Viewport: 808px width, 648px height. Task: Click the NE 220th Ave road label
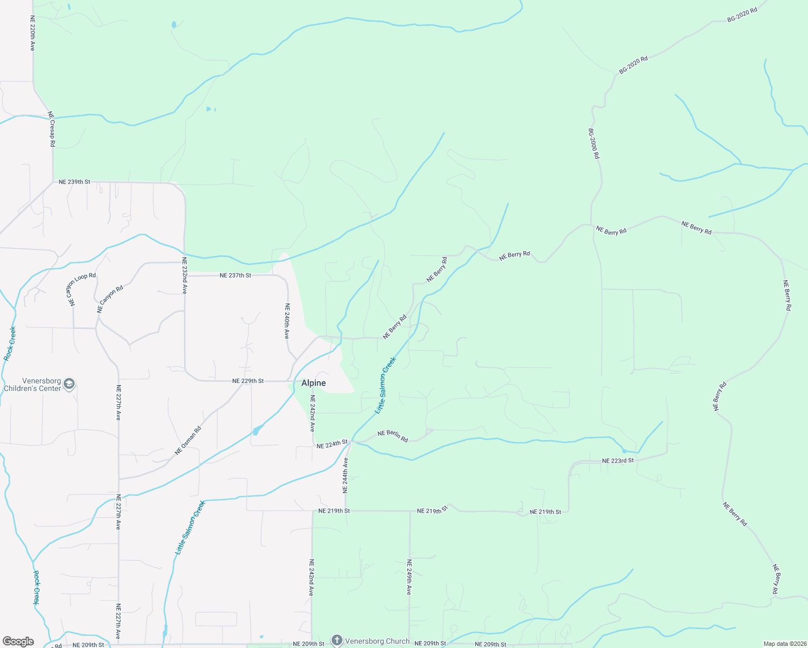click(32, 33)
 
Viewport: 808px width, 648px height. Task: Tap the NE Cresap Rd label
click(52, 129)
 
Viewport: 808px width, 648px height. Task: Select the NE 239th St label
click(75, 182)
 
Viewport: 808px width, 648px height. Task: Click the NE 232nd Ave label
click(184, 276)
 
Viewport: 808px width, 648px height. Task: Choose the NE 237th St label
click(235, 275)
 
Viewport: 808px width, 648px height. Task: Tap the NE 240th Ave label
click(287, 321)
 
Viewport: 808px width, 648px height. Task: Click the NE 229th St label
click(248, 381)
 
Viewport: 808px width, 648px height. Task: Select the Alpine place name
click(313, 383)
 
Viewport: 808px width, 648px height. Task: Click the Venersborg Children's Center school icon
click(69, 384)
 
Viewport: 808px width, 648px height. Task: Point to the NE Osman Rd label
click(188, 441)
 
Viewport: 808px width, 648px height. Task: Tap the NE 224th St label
click(332, 444)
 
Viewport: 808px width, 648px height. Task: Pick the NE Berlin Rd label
click(393, 436)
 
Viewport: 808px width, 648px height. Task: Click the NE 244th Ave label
click(346, 475)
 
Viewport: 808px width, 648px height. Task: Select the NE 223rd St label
click(618, 461)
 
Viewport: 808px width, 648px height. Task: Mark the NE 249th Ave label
click(409, 577)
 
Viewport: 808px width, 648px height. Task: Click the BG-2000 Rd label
click(594, 143)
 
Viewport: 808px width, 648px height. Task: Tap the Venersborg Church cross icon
click(337, 641)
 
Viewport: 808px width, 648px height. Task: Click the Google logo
click(18, 642)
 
